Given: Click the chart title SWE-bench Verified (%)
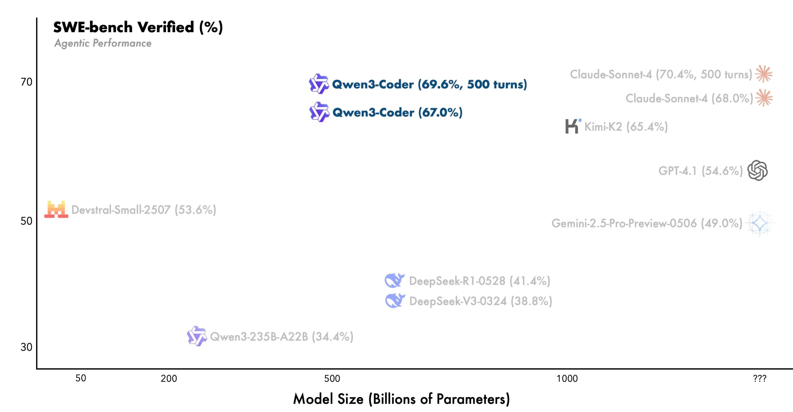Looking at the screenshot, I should [138, 27].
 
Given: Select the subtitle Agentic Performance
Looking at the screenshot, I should [103, 43].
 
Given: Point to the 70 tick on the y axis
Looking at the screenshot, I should [26, 82].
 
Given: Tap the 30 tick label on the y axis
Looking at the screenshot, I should [26, 347].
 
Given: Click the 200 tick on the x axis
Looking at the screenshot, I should [169, 378].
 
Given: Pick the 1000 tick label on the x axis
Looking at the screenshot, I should [567, 378].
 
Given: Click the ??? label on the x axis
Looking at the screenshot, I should [760, 378].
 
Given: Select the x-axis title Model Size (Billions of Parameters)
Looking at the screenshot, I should [401, 399].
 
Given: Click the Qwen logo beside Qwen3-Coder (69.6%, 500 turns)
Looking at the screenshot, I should [319, 84].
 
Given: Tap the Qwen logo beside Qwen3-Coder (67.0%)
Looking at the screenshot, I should [319, 112].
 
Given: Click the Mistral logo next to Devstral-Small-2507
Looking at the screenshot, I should [56, 209].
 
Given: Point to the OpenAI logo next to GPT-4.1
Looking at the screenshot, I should [757, 170].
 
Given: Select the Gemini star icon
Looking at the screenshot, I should [760, 223].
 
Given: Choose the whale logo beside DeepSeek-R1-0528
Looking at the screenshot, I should [394, 280].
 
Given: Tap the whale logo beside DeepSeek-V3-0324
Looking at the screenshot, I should [395, 300].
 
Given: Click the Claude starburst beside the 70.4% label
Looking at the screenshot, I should [764, 74].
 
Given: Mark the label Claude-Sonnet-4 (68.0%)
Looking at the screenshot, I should [689, 98].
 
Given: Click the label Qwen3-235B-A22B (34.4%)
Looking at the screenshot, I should [282, 337].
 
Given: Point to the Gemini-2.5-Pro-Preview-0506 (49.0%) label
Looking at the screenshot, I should [647, 223].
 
